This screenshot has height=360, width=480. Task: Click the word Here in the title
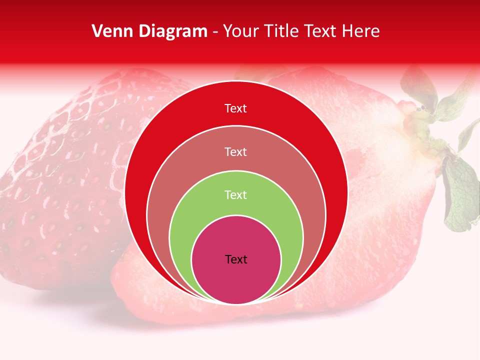(361, 31)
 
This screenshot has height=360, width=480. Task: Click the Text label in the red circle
(235, 108)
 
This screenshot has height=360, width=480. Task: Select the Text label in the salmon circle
(235, 151)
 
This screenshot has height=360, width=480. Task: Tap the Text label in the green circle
(235, 194)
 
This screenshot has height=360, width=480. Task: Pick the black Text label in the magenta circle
(236, 259)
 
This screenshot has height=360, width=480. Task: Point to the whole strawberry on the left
(60, 185)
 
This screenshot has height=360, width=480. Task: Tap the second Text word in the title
(322, 31)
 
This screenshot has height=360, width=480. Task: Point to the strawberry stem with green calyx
(430, 115)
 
